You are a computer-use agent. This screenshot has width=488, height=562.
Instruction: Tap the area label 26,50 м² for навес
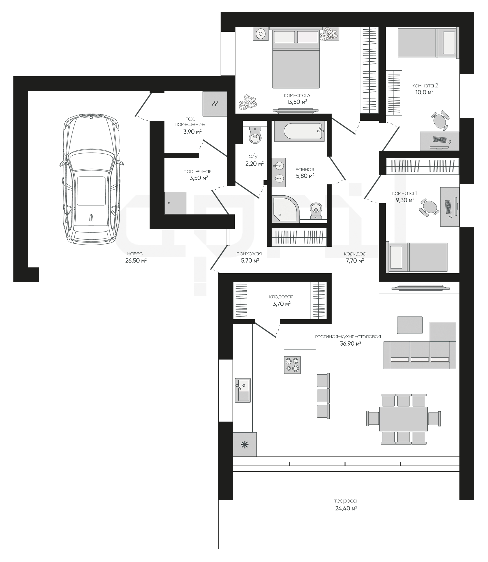(x=136, y=261)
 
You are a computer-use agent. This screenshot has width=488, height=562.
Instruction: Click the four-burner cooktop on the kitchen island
(x=292, y=365)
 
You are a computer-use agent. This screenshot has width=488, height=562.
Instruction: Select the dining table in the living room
(x=403, y=419)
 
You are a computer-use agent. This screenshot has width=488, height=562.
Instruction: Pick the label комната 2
(x=425, y=85)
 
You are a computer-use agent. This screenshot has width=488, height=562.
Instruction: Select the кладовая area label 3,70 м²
(x=282, y=304)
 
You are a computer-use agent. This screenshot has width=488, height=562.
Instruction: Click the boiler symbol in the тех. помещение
(x=215, y=104)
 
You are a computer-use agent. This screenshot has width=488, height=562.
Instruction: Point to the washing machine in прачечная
(x=175, y=203)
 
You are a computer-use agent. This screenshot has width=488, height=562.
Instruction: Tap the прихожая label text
(x=249, y=254)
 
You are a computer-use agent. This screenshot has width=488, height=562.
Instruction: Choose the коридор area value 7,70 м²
(x=355, y=261)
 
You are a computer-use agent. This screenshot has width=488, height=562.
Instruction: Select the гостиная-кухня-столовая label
(x=348, y=337)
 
